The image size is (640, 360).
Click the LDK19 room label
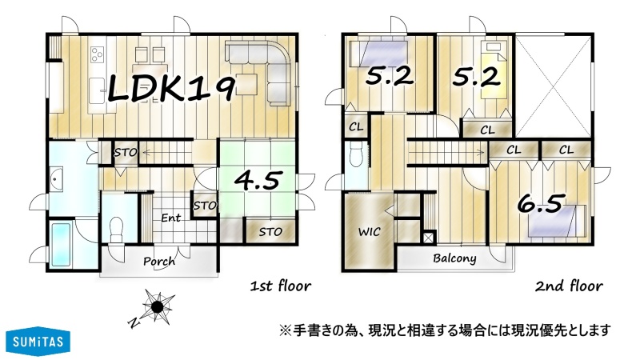[171, 89]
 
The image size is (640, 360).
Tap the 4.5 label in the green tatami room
[258, 180]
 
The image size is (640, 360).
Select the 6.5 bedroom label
[542, 203]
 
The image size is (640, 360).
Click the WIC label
[370, 232]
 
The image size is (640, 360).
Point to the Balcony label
[454, 258]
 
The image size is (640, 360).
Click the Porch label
[159, 261]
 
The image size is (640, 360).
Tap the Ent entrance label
[170, 218]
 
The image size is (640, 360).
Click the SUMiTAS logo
[38, 341]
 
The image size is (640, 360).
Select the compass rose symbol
[158, 307]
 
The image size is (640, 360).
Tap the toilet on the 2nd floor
[356, 154]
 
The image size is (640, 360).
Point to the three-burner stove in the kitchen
[97, 54]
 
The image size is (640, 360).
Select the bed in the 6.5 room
[558, 221]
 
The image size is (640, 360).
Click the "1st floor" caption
[281, 286]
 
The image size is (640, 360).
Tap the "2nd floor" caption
[569, 286]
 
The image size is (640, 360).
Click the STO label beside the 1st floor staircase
[126, 153]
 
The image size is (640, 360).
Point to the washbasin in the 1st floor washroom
[56, 178]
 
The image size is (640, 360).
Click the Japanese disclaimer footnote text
[445, 330]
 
